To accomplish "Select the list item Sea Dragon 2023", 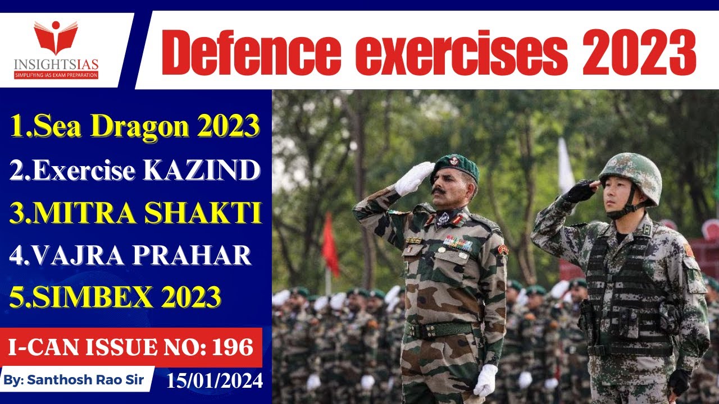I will pyautogui.click(x=135, y=126).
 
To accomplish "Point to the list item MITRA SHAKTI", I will pyautogui.click(x=135, y=214).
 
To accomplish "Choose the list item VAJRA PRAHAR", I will pyautogui.click(x=130, y=256).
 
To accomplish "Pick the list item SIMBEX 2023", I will pyautogui.click(x=116, y=297).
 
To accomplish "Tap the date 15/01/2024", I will pyautogui.click(x=214, y=382).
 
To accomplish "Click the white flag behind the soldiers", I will pyautogui.click(x=566, y=166).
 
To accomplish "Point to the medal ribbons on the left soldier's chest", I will pyautogui.click(x=457, y=242).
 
